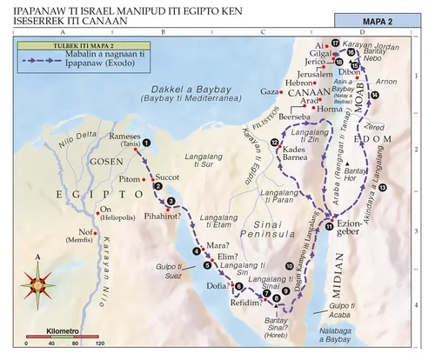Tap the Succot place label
click(168, 175)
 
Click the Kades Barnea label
click(299, 154)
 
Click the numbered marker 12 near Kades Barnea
click(275, 142)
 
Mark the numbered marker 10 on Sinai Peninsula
click(290, 265)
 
